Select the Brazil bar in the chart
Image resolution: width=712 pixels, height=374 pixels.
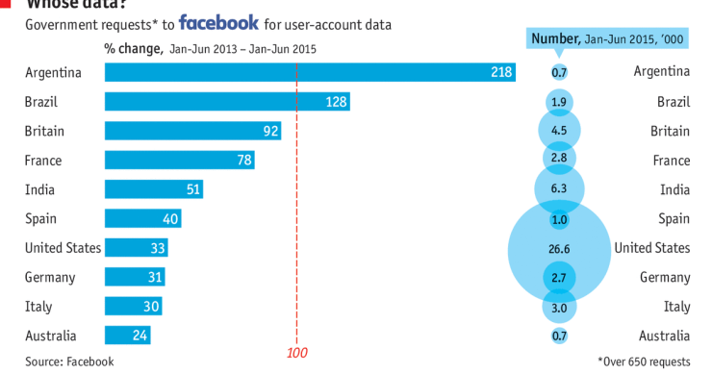click(x=226, y=102)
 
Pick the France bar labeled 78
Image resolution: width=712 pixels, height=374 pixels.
click(x=179, y=161)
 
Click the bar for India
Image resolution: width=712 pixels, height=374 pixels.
click(x=154, y=189)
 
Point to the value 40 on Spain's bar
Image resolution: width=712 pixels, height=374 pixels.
click(x=170, y=219)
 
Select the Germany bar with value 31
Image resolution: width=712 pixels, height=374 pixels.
click(x=135, y=278)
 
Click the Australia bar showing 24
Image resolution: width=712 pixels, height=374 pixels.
click(x=127, y=337)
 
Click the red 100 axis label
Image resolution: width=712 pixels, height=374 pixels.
click(x=297, y=353)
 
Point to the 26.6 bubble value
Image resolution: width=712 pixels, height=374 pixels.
click(x=559, y=249)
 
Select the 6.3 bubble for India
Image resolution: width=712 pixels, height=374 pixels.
click(x=559, y=189)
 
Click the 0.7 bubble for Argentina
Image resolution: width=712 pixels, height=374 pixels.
click(x=559, y=72)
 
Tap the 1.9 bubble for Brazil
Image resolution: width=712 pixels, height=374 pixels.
click(x=559, y=102)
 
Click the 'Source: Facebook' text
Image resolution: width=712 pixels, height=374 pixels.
click(x=69, y=362)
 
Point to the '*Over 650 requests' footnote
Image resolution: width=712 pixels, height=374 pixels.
click(x=644, y=362)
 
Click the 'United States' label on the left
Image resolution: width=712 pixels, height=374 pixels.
click(x=63, y=248)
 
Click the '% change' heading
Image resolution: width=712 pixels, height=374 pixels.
click(x=133, y=47)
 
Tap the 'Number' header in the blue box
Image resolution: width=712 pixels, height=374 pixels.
click(x=557, y=39)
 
